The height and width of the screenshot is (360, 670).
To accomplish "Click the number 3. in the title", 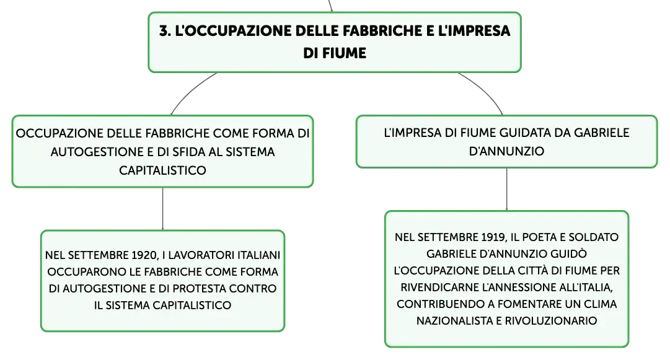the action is pyautogui.click(x=165, y=31).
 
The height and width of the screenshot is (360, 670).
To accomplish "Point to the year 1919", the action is pyautogui.click(x=494, y=237).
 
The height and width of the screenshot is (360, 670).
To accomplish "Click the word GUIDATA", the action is pyautogui.click(x=525, y=133).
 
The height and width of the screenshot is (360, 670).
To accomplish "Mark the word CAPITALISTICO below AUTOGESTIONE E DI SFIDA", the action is pyautogui.click(x=162, y=170).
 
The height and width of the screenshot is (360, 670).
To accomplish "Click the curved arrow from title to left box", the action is pyautogui.click(x=189, y=91).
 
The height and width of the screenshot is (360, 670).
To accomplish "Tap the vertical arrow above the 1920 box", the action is pyautogui.click(x=163, y=209).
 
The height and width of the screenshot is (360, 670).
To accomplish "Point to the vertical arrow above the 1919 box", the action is pyautogui.click(x=507, y=189).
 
